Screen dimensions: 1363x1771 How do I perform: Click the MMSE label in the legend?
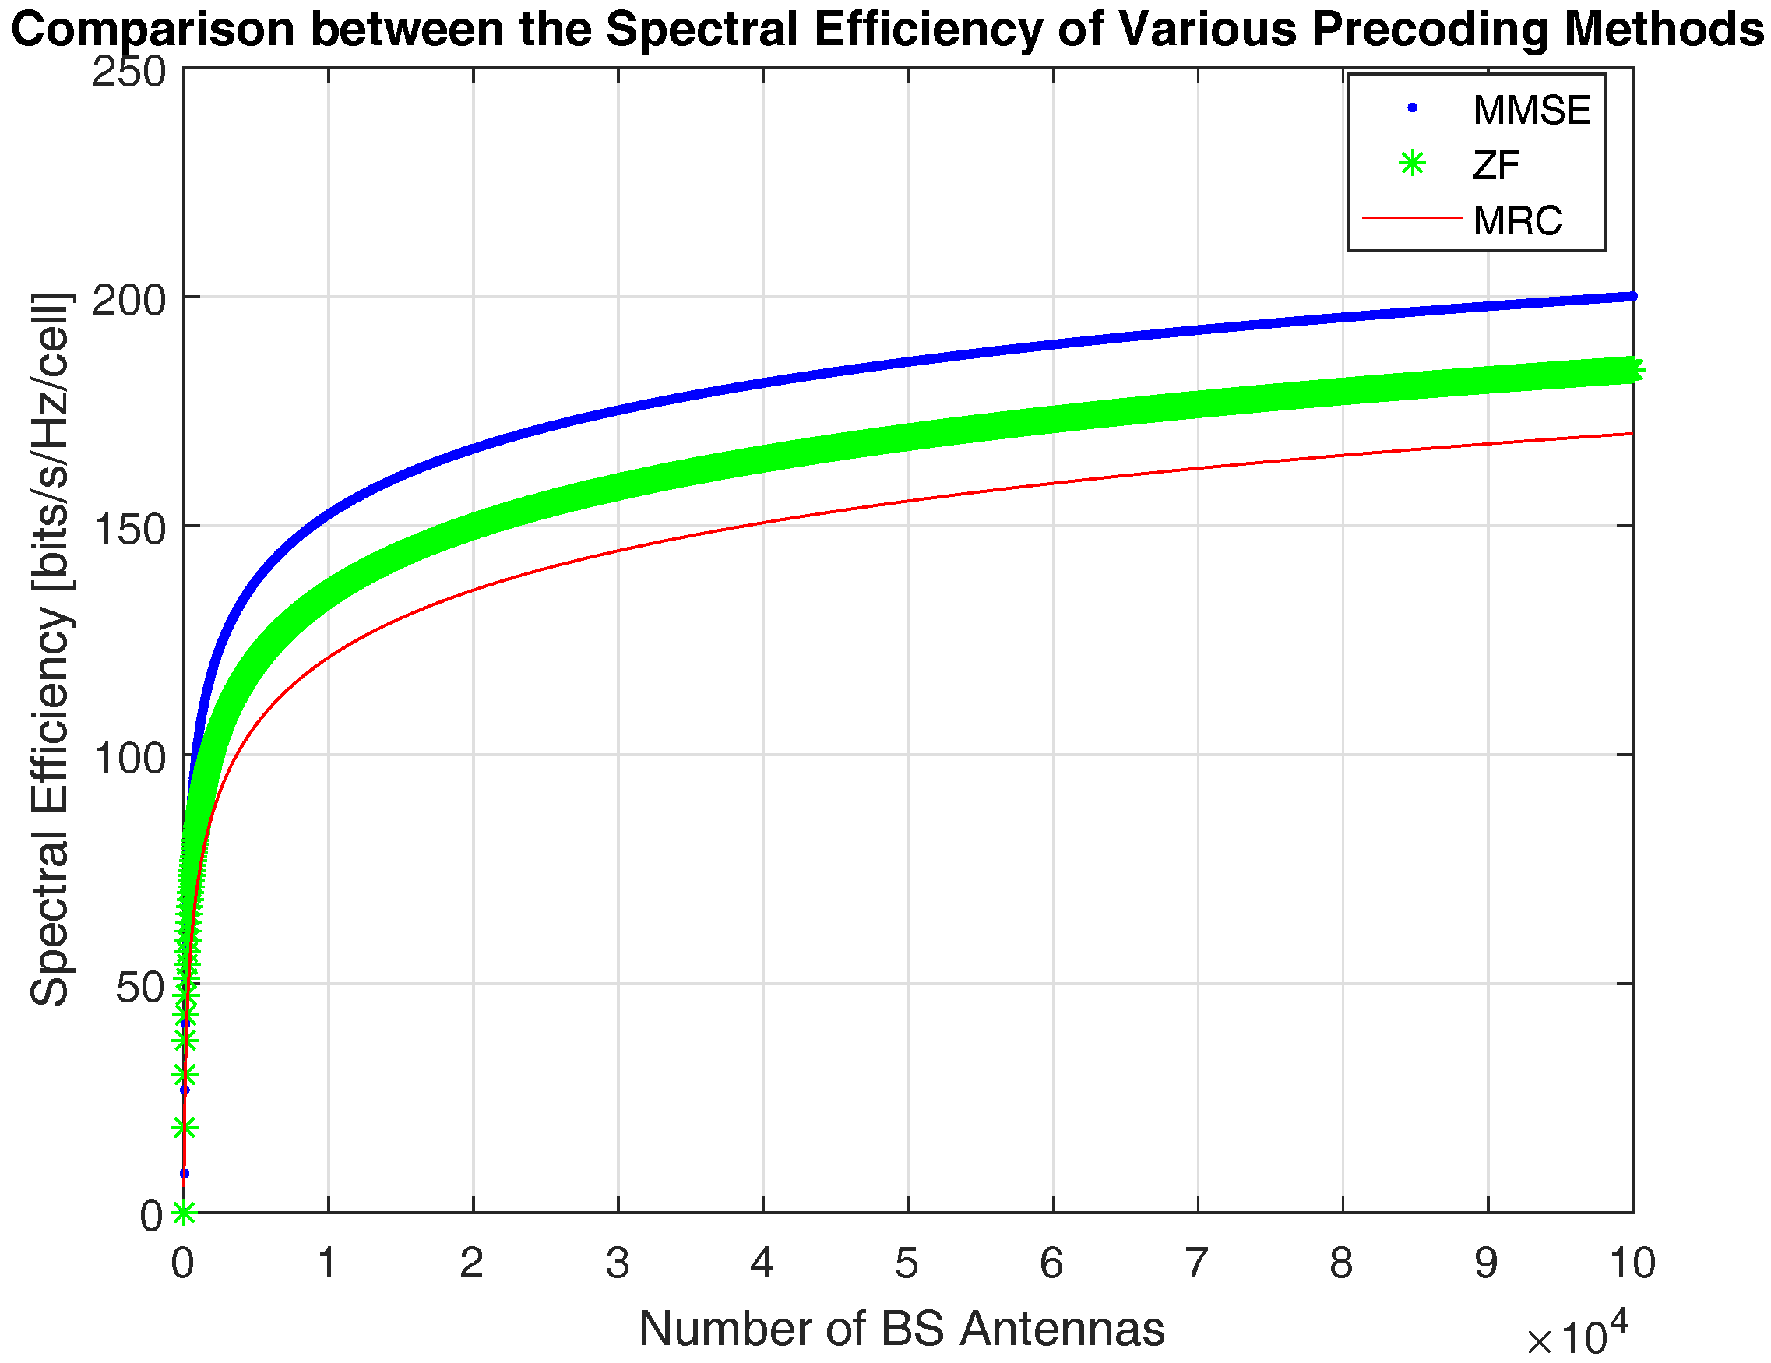coord(1531,111)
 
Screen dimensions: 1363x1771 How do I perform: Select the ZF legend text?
coord(1496,165)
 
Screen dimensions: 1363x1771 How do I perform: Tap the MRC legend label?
coord(1517,220)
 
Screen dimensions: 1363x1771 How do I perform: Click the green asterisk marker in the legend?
coord(1412,164)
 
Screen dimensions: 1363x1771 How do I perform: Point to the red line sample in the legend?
coord(1412,217)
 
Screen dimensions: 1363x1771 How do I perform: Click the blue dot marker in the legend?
coord(1412,107)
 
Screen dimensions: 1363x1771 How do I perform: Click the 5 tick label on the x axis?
coord(907,1263)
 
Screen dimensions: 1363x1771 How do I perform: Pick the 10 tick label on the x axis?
coord(1631,1263)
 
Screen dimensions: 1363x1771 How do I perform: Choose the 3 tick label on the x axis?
coord(617,1263)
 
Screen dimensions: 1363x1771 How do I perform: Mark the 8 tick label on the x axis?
coord(1341,1263)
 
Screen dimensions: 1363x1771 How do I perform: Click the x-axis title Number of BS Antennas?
coord(901,1329)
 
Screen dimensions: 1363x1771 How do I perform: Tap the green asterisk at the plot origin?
coord(184,1213)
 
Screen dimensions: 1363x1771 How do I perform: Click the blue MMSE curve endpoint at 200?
coord(1632,297)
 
